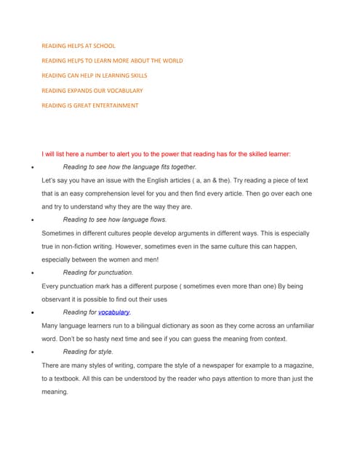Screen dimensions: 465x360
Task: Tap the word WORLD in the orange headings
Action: [169, 61]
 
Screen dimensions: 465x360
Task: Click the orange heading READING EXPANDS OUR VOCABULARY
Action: [92, 91]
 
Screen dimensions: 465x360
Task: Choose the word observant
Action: [60, 299]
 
